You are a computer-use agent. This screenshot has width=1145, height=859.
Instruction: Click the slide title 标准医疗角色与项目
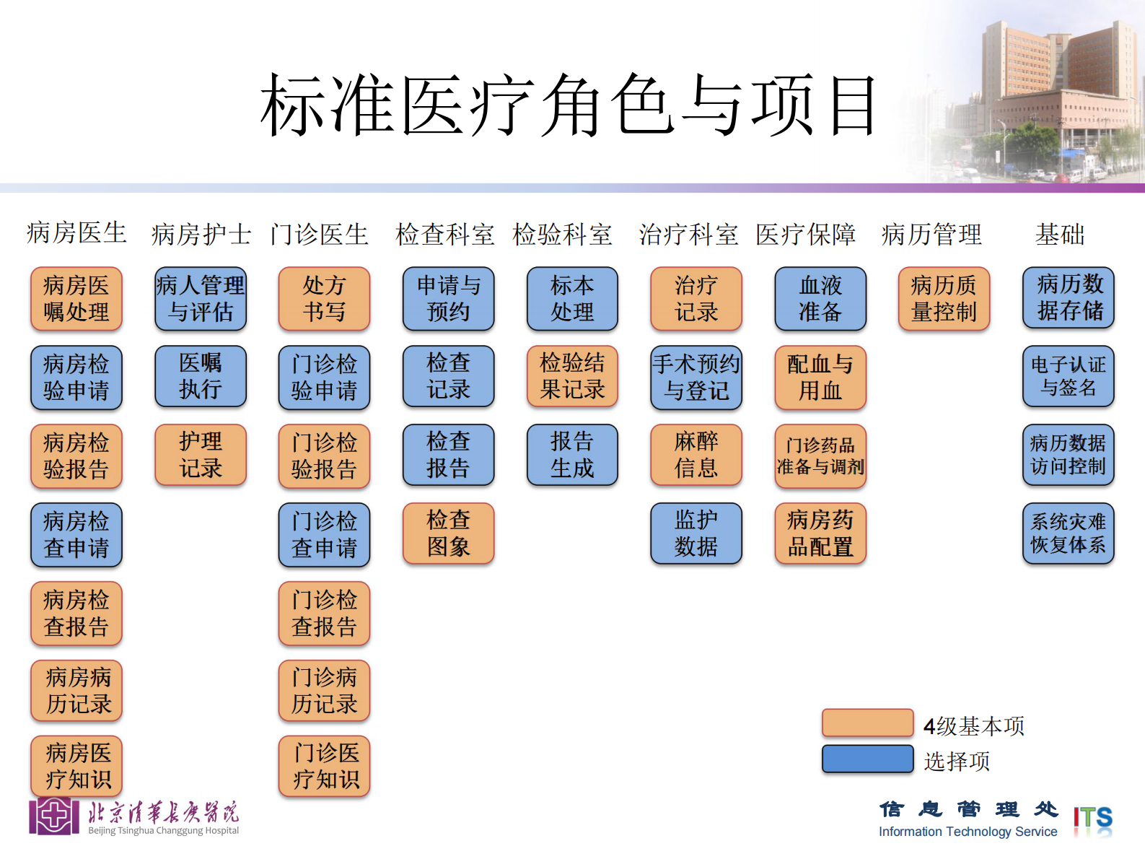[569, 106]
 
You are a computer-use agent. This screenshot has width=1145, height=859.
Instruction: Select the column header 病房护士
[201, 234]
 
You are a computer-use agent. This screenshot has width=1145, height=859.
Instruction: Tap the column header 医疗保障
[805, 234]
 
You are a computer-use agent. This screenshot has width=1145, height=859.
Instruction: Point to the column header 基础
[1059, 234]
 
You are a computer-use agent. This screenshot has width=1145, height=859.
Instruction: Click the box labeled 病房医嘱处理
[76, 299]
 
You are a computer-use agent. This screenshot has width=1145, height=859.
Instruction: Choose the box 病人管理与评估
[201, 299]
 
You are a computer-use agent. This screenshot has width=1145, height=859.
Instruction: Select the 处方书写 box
[324, 299]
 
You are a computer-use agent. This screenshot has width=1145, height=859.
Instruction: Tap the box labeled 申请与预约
[448, 299]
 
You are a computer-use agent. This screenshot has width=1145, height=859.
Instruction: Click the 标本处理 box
[572, 299]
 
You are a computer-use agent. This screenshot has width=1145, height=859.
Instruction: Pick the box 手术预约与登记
[696, 378]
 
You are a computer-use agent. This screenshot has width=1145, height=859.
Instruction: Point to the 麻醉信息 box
[696, 455]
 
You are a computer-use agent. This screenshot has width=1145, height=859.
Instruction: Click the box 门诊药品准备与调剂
[820, 456]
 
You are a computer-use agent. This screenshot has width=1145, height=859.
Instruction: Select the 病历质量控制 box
[944, 299]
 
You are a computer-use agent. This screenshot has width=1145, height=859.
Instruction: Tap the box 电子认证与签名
[1068, 376]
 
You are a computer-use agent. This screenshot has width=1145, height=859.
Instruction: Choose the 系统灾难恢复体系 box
[1068, 533]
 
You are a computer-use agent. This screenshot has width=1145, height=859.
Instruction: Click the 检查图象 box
[448, 533]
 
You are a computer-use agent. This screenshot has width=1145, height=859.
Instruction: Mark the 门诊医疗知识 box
[324, 766]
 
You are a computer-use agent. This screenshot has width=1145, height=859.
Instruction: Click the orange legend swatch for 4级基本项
[867, 723]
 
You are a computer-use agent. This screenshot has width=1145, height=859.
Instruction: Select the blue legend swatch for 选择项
[867, 759]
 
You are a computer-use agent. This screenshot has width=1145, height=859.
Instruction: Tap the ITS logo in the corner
[1092, 820]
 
